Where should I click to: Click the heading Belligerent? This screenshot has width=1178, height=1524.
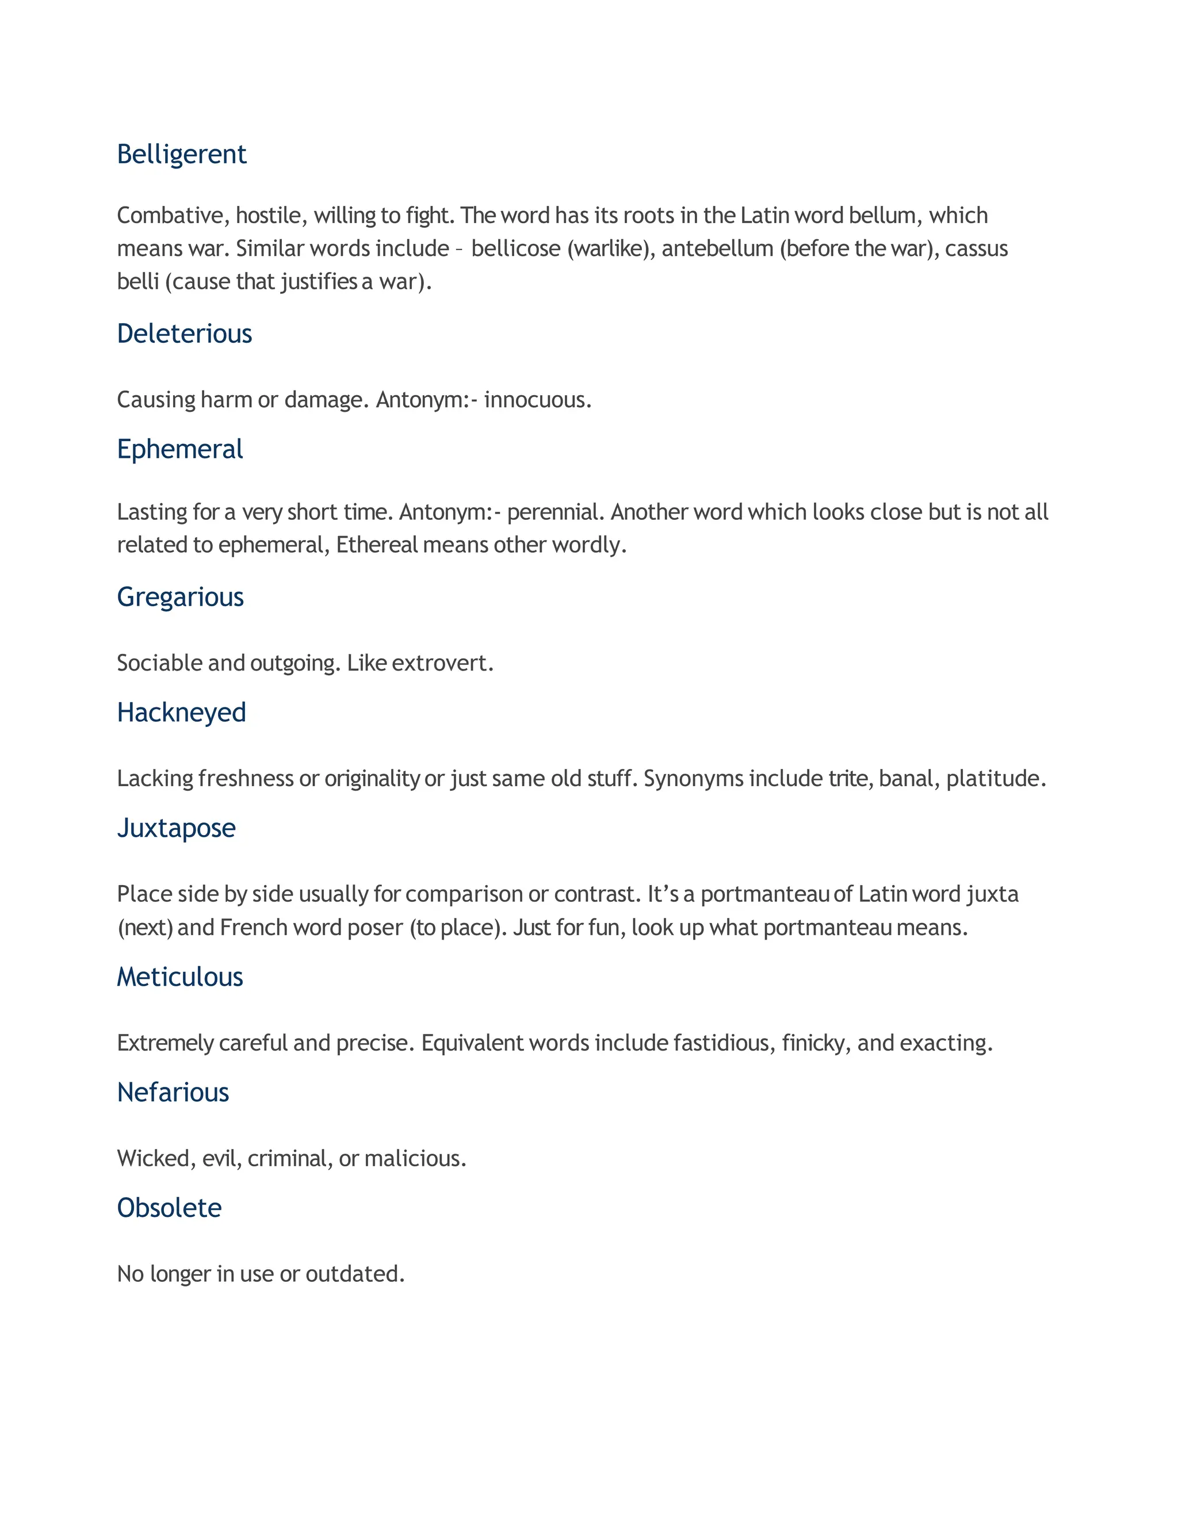(181, 155)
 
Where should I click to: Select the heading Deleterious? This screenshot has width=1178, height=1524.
(184, 334)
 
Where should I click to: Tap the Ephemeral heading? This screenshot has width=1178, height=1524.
(180, 449)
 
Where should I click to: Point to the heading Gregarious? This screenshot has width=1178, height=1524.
(180, 598)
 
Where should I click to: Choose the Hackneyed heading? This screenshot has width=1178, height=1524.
(181, 713)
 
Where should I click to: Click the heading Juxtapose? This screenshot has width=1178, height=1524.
(177, 828)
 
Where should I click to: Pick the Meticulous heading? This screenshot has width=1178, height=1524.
(180, 977)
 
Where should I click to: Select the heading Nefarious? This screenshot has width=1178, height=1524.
(173, 1093)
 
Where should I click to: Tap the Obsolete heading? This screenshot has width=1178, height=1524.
(170, 1208)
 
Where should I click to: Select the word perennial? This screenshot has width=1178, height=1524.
(554, 512)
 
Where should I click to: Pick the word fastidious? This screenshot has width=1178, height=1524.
(723, 1043)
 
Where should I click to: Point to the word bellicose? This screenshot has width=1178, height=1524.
(516, 248)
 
